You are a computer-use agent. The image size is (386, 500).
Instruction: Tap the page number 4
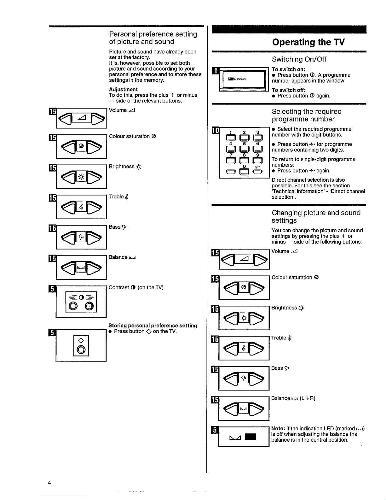point(49,482)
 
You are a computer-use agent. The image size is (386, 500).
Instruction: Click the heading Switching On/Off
point(299,59)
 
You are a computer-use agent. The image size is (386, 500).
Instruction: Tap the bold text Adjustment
point(123,90)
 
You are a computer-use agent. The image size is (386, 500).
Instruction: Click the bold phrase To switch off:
point(289,90)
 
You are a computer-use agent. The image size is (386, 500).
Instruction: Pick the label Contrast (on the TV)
point(136,287)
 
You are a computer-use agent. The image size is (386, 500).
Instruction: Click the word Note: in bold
point(278,428)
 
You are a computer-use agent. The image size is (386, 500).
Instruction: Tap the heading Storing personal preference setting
point(153,326)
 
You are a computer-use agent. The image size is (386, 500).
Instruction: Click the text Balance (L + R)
point(293,398)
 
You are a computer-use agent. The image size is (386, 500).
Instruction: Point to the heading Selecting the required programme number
point(306,115)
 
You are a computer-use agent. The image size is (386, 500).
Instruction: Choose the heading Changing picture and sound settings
point(316,216)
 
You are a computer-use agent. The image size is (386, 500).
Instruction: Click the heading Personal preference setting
point(153,38)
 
